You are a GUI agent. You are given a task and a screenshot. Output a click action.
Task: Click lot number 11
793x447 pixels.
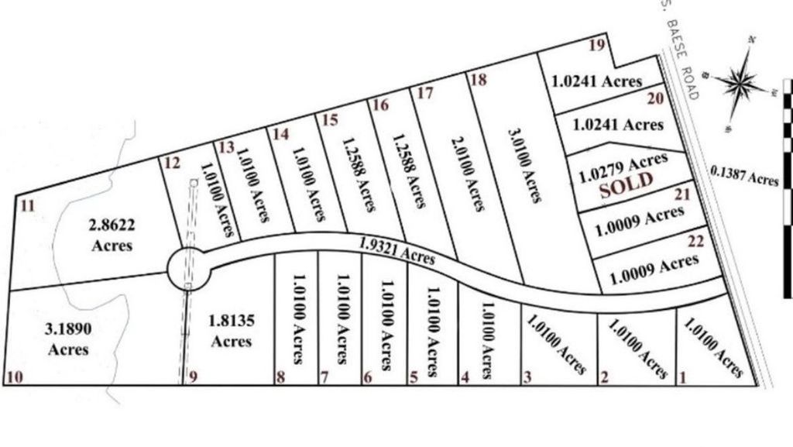coord(28,205)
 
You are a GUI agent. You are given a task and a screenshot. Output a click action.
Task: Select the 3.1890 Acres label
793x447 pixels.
coord(68,339)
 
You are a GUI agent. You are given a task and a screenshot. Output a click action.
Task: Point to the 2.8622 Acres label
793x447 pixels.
coord(112,235)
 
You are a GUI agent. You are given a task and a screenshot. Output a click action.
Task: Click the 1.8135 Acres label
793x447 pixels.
coord(231,330)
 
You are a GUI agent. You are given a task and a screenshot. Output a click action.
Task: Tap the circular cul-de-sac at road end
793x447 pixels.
coord(189,268)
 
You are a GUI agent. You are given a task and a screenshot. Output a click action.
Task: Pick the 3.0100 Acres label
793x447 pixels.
coord(524,166)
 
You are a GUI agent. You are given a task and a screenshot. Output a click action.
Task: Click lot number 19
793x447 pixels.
coord(596,45)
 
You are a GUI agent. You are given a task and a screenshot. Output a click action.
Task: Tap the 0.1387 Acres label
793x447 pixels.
coord(744,177)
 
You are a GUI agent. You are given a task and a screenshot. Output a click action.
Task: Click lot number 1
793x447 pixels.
coord(682,378)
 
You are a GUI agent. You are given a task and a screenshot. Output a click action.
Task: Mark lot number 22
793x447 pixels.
coord(695,242)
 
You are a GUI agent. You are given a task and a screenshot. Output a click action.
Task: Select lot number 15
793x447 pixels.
coord(330,120)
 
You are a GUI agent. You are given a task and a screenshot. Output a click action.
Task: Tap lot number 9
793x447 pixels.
coord(193,377)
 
